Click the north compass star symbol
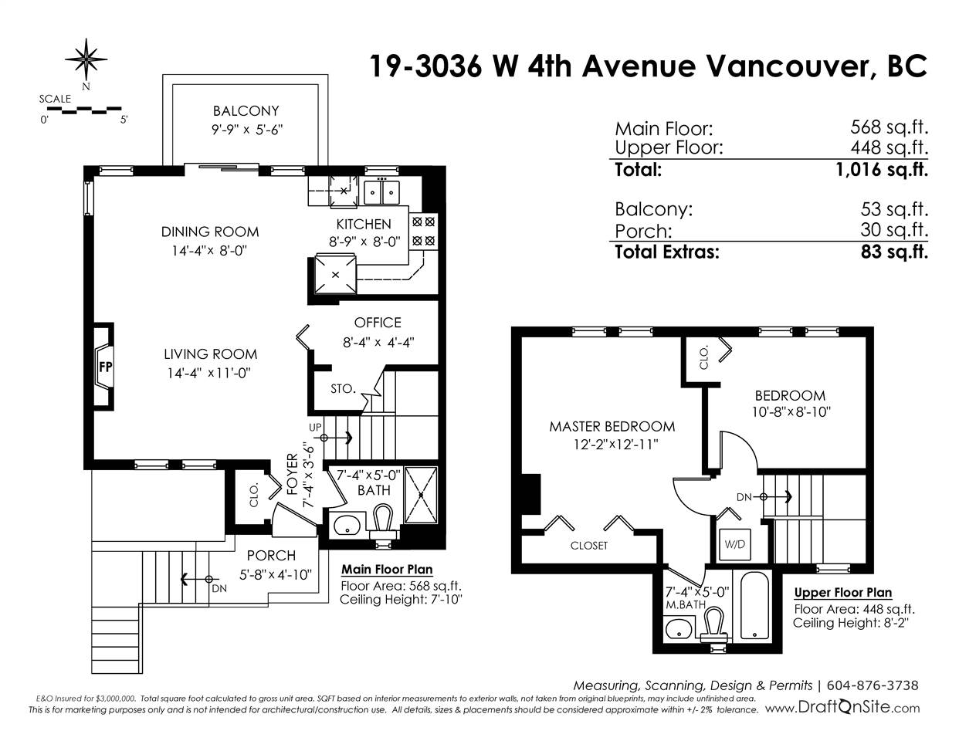[x=86, y=59]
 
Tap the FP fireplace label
[x=105, y=367]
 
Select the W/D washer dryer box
[x=735, y=544]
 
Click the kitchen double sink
[x=381, y=192]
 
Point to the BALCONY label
[x=246, y=110]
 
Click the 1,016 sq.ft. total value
[x=881, y=169]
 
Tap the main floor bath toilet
[x=383, y=522]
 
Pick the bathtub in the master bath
[x=754, y=605]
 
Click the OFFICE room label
[x=378, y=323]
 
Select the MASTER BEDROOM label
[x=612, y=427]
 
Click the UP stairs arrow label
[x=315, y=428]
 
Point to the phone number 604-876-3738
[x=873, y=685]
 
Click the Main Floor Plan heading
[x=387, y=570]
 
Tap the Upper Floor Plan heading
[x=843, y=592]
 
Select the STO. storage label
[x=343, y=388]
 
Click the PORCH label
[x=271, y=555]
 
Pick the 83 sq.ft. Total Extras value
[x=894, y=252]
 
